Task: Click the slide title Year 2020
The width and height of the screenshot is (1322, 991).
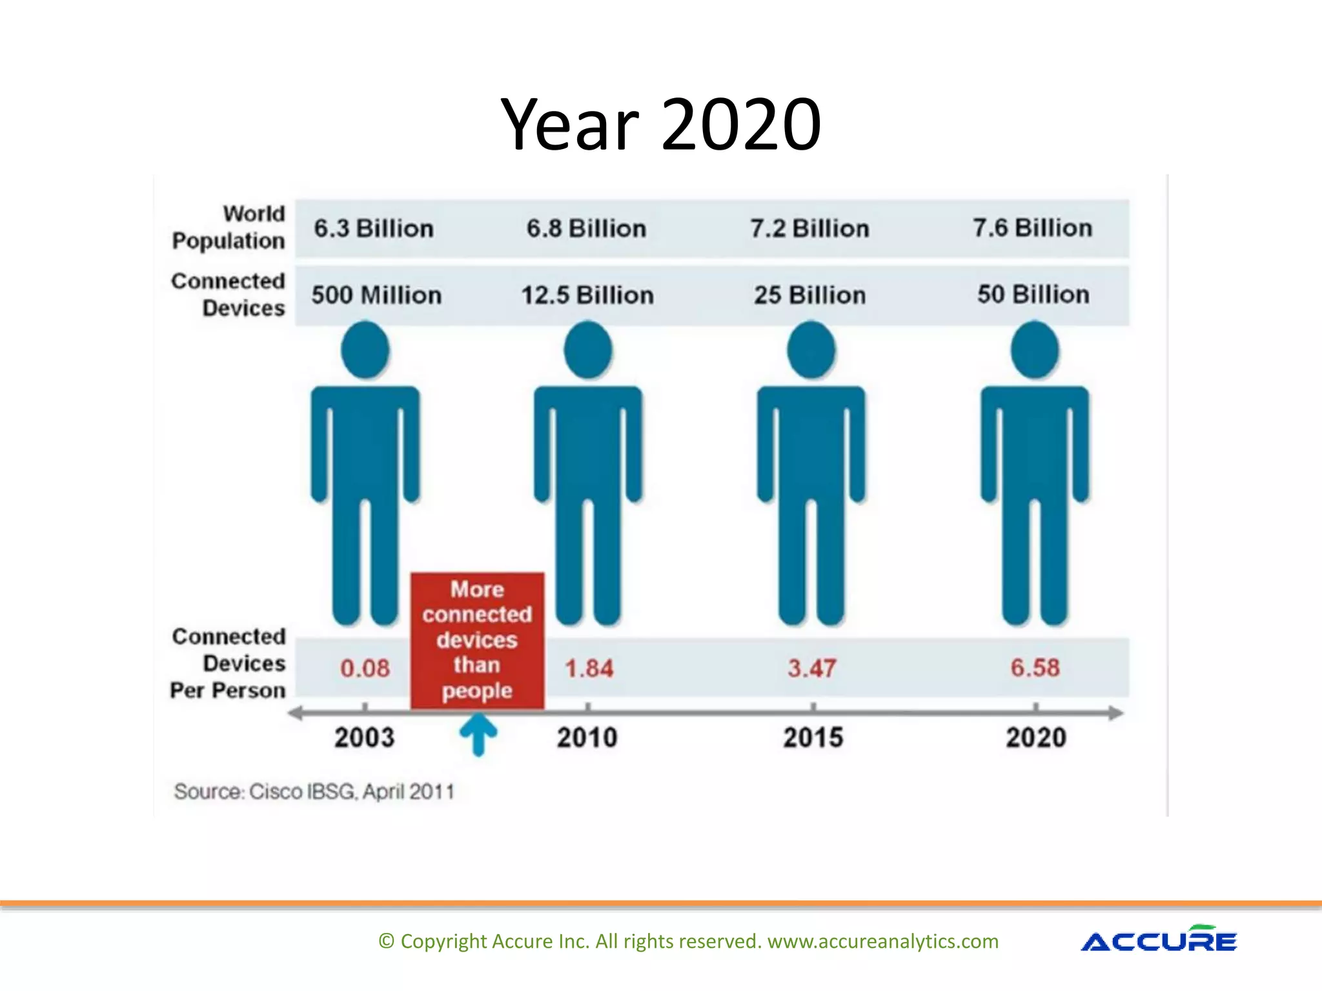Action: (660, 124)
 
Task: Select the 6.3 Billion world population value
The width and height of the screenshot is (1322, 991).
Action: (373, 228)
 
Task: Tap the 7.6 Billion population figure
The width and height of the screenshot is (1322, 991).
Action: (1032, 228)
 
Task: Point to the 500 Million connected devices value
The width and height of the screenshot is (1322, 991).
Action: (376, 295)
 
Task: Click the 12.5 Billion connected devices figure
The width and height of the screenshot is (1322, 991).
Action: (587, 295)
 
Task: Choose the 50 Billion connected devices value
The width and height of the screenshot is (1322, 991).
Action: (1033, 294)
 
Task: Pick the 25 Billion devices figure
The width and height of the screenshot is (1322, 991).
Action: (810, 295)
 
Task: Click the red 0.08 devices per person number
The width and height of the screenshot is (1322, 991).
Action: (365, 668)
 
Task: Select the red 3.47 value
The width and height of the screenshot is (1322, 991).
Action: (811, 668)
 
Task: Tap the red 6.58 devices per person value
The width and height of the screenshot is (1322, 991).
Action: (1035, 667)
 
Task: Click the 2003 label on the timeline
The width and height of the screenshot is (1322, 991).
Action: (364, 737)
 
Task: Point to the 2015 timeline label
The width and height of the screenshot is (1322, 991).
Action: (813, 737)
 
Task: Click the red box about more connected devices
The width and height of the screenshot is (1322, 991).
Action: (477, 640)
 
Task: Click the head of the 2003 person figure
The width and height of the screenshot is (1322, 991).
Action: (365, 350)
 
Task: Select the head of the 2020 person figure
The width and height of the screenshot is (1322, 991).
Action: (1034, 350)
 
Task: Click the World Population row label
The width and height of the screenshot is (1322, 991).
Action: (229, 227)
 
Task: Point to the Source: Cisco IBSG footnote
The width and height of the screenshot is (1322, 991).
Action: (314, 791)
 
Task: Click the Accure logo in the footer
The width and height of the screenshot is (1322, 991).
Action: (1159, 940)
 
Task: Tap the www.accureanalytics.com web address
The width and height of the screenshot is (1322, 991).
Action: (882, 941)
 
